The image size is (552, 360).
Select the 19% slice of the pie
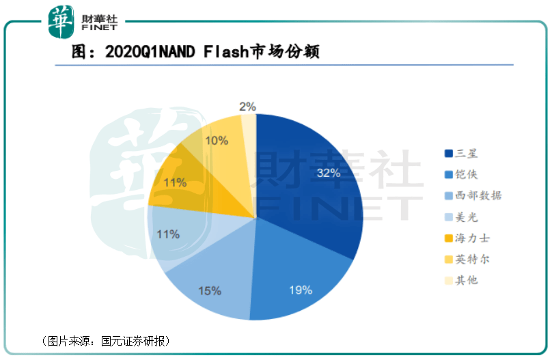[301, 280]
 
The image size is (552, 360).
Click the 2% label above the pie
[247, 106]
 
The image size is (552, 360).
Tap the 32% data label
[328, 173]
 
